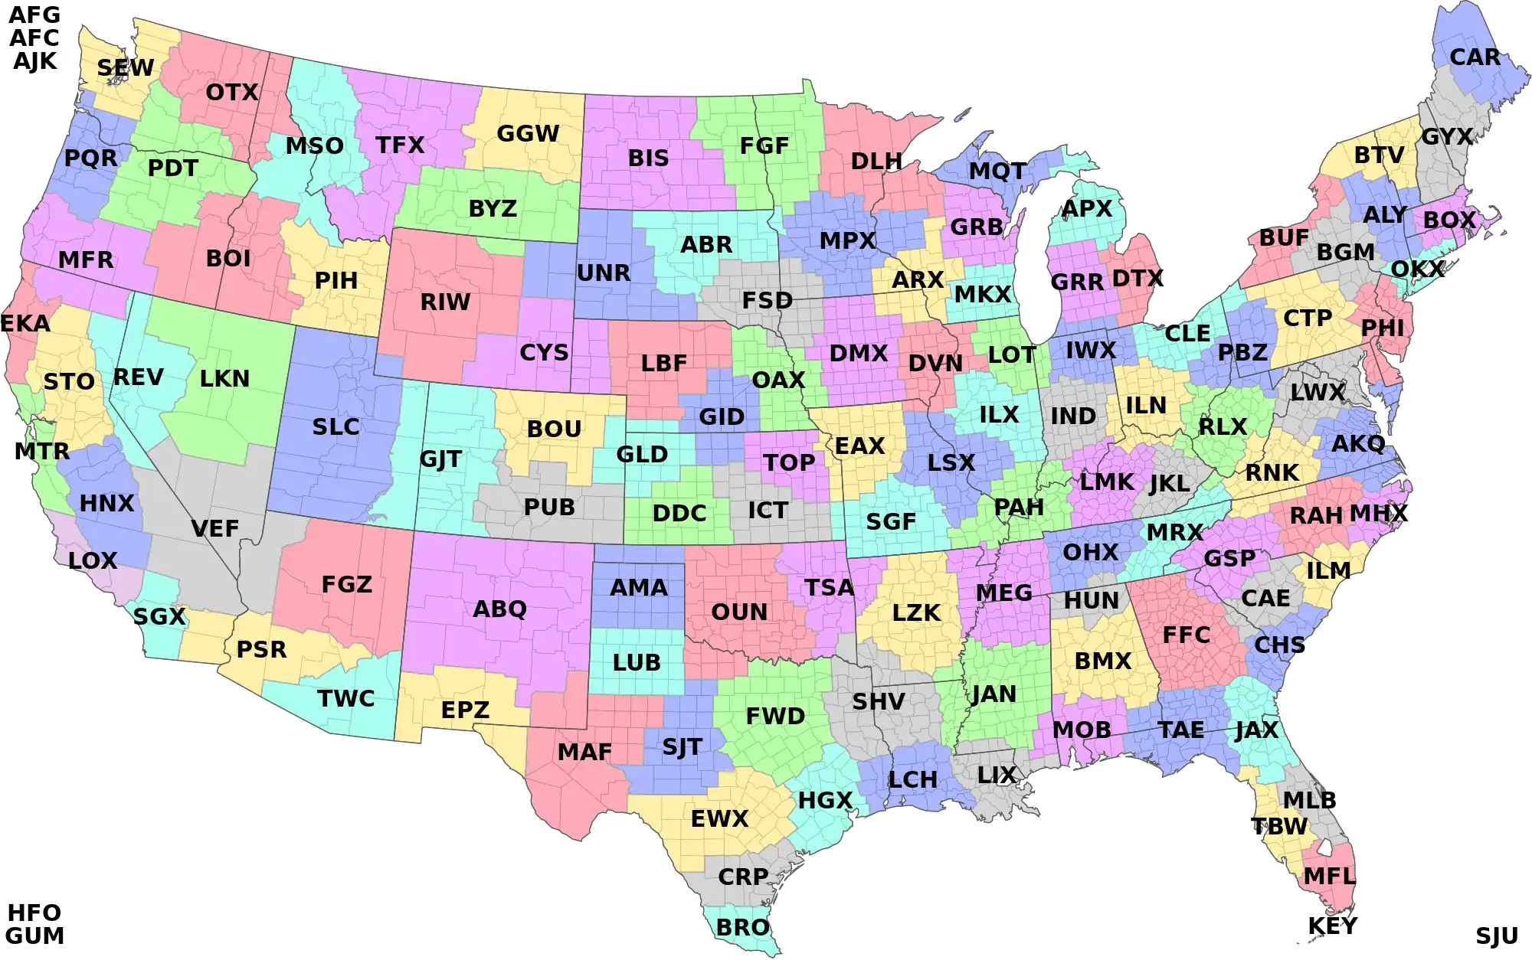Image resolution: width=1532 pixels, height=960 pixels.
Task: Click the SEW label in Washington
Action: (x=125, y=68)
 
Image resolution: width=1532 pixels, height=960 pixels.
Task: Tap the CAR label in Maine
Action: (x=1475, y=57)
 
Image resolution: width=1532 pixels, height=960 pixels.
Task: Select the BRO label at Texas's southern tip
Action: (x=742, y=927)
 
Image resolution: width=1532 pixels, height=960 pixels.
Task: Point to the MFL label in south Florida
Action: (x=1329, y=877)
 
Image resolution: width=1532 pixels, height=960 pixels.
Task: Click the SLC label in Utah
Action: (x=336, y=427)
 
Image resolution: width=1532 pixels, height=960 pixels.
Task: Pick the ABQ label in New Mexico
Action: (x=499, y=609)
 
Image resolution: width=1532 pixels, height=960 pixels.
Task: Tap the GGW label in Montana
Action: (x=528, y=134)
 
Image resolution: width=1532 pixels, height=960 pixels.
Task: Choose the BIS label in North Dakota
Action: (x=648, y=158)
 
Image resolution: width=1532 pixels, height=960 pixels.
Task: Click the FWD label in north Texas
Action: (x=775, y=717)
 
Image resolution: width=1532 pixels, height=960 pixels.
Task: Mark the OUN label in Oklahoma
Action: (x=739, y=612)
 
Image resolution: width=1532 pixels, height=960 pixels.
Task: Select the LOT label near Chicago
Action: (x=1011, y=355)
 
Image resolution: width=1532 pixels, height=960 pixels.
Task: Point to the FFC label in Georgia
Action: (x=1186, y=635)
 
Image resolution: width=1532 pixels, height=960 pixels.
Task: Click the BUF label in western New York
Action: (x=1284, y=238)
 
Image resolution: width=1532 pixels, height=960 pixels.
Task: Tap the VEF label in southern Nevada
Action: (x=214, y=528)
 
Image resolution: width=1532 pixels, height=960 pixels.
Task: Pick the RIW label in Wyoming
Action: (x=445, y=302)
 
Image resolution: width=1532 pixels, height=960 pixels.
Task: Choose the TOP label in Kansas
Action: (x=789, y=463)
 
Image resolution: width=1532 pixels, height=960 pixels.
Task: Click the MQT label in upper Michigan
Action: (x=996, y=171)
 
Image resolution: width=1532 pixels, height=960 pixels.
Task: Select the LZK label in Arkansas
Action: (x=916, y=613)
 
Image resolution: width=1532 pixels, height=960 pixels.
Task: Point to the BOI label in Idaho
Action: (x=228, y=259)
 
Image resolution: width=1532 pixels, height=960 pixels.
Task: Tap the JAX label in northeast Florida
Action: (x=1256, y=730)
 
